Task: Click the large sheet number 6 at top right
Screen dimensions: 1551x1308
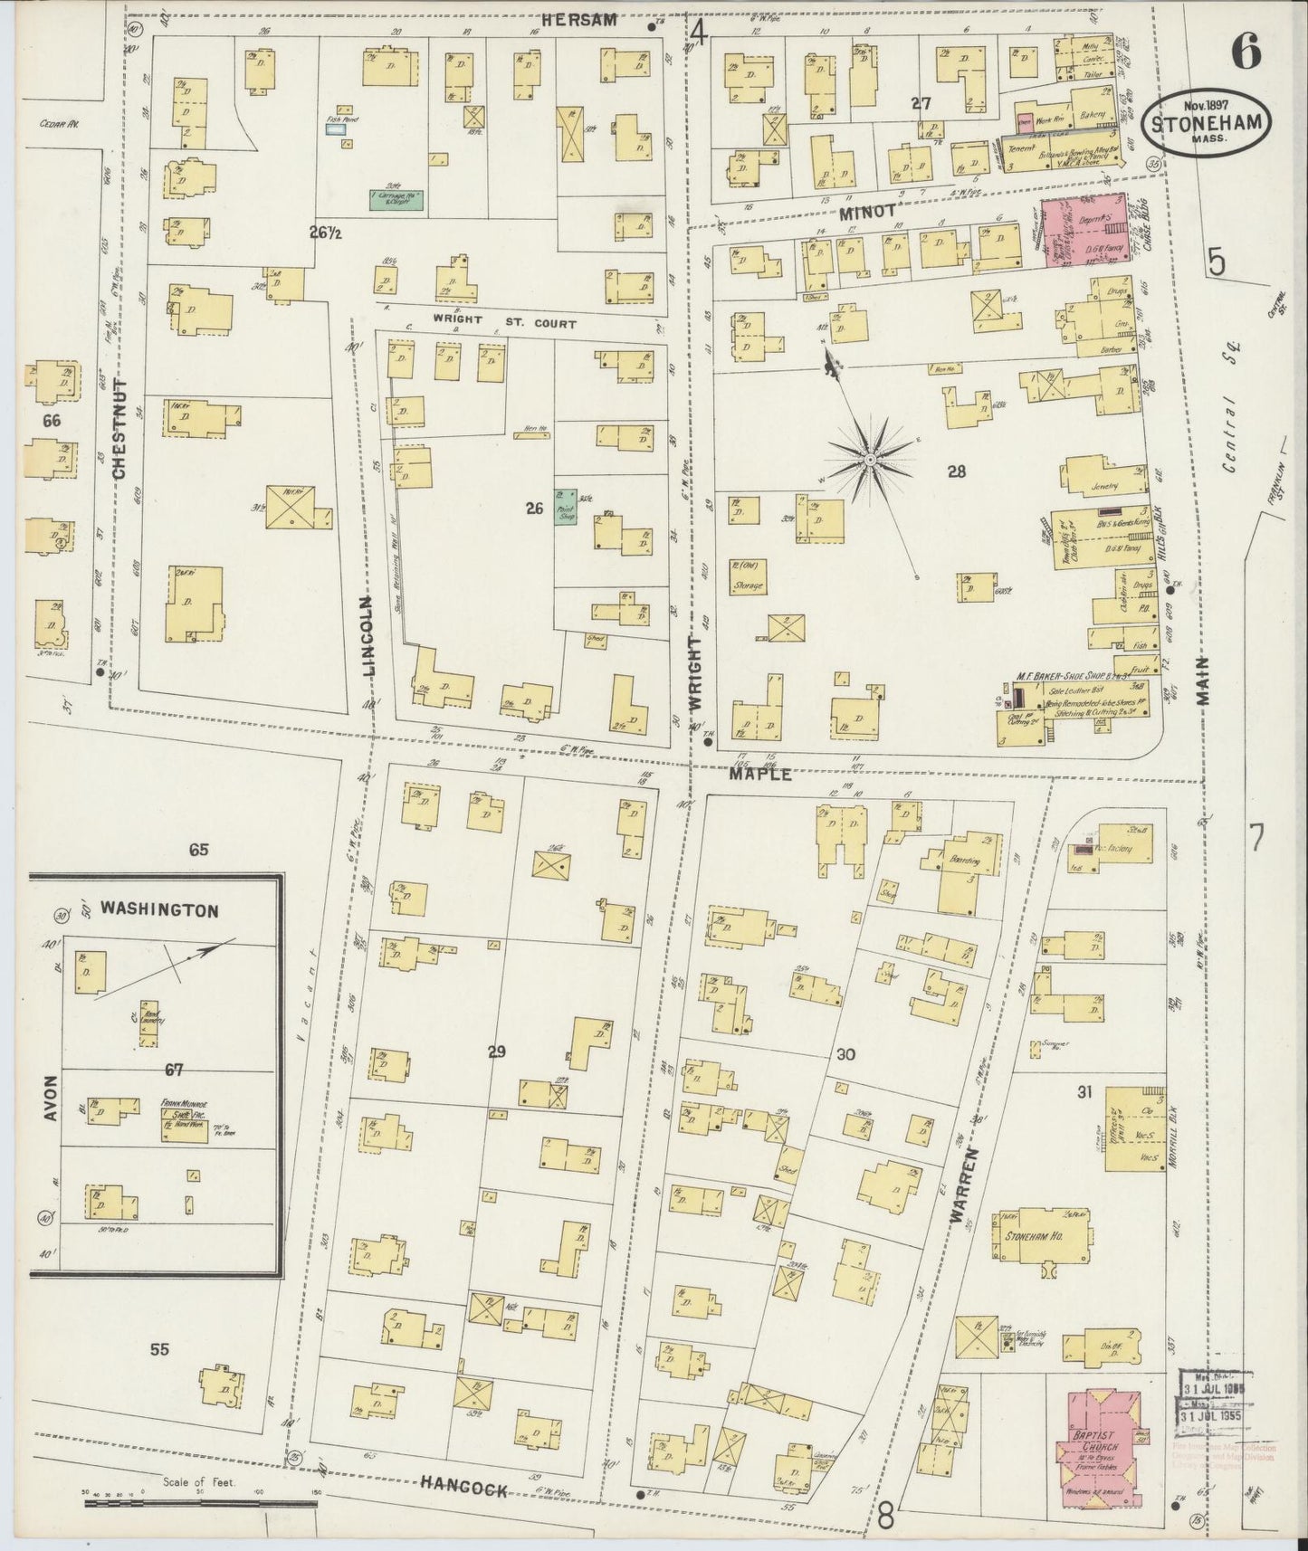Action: pos(1246,56)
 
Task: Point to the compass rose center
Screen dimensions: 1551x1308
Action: pos(870,461)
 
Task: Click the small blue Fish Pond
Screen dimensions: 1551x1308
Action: pos(336,129)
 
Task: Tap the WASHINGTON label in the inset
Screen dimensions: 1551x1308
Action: pos(159,910)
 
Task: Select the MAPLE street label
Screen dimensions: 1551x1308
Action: pos(762,774)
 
